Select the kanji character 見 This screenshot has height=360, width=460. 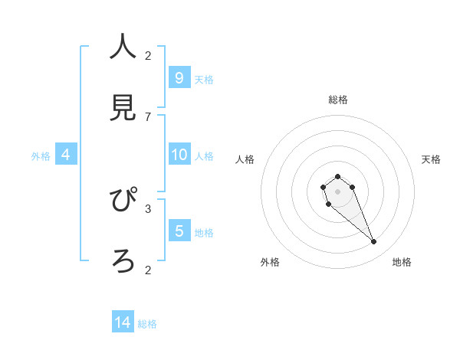(x=123, y=108)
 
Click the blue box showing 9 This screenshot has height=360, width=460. (x=179, y=77)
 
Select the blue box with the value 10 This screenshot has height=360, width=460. (x=179, y=155)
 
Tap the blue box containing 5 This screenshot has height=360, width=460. (x=179, y=231)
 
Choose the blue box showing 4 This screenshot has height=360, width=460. (x=66, y=155)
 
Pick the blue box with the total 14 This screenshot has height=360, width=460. (x=123, y=322)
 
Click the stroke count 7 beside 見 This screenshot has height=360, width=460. (x=148, y=117)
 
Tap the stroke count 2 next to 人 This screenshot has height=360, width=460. (x=148, y=55)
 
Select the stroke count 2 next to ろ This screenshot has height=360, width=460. (x=148, y=270)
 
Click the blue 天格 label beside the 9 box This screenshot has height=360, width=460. (x=204, y=79)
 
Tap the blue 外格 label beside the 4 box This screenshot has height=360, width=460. (x=41, y=156)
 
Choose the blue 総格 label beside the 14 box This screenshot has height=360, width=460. (x=147, y=324)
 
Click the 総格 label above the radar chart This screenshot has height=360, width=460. (x=338, y=100)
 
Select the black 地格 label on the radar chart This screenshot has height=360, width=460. (x=402, y=262)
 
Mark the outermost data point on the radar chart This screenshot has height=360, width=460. (x=374, y=242)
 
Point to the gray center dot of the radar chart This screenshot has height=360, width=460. (x=337, y=191)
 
